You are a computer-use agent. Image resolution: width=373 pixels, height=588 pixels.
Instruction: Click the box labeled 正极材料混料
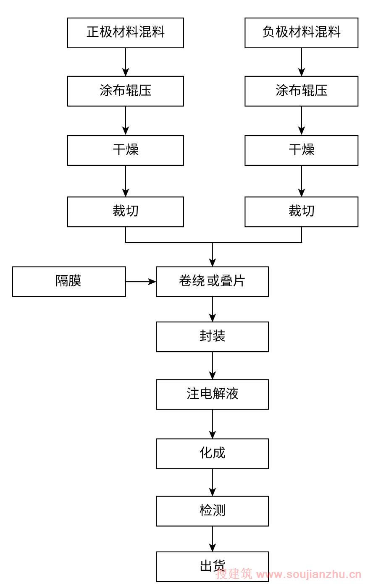coord(125,33)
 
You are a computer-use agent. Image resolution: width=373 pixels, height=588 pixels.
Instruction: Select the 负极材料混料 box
coord(301,33)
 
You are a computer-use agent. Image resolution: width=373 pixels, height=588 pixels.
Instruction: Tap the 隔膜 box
coord(69,282)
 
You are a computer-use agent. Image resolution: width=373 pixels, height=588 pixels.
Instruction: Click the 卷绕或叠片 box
coord(212,282)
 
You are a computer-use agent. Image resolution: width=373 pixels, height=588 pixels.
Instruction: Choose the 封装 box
coord(212,337)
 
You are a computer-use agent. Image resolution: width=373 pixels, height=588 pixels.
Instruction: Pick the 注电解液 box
coord(212,394)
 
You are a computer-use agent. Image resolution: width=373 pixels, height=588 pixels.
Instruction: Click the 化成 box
coord(212,454)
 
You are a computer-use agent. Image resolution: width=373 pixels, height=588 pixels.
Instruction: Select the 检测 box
coord(212,511)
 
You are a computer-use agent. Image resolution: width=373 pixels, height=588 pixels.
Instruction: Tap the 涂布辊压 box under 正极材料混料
coord(125,91)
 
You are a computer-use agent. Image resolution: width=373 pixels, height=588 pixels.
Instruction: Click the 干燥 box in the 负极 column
coord(301,150)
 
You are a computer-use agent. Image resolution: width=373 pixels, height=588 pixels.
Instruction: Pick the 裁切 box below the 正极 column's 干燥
coord(125,212)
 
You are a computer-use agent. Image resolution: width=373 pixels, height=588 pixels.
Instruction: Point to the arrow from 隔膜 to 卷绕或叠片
coord(141,282)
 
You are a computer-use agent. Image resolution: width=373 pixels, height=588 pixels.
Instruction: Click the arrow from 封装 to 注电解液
coord(212,366)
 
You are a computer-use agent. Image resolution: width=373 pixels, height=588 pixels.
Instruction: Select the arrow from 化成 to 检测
coord(212,483)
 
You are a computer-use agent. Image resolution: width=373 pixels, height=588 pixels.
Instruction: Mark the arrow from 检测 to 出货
coord(212,539)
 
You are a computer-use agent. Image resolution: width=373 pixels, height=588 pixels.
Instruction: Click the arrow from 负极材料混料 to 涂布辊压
coord(301,62)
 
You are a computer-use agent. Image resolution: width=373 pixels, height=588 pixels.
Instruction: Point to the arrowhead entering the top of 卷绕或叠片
coord(212,262)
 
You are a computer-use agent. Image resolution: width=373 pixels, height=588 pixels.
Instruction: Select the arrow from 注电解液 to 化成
coord(212,424)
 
